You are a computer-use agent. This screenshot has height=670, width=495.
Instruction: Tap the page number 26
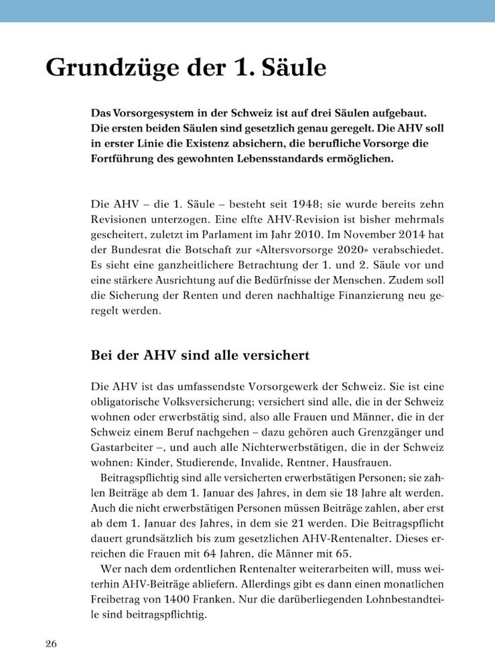pos(51,644)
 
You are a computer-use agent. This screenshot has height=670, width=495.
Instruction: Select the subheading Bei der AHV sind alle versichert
pos(200,356)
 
